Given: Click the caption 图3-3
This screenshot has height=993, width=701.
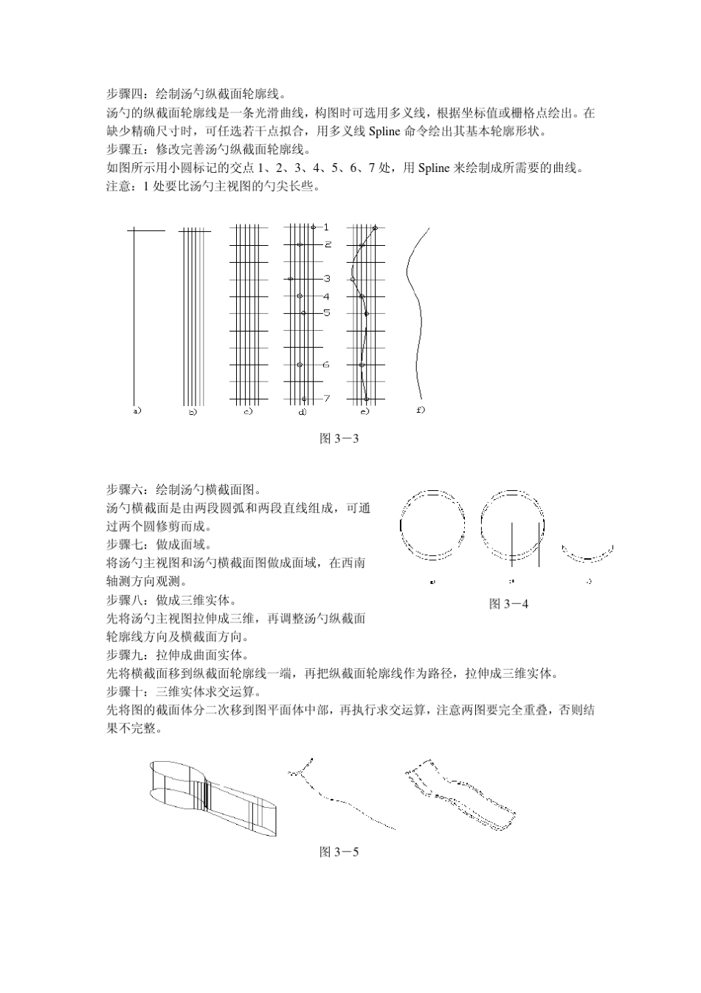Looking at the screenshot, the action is [339, 439].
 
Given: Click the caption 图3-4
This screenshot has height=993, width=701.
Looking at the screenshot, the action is [509, 604].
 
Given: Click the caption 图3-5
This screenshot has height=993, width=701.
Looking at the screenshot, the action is [339, 852].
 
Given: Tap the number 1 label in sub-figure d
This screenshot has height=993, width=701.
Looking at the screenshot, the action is [327, 227].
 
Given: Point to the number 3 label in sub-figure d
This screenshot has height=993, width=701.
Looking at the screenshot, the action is [327, 278].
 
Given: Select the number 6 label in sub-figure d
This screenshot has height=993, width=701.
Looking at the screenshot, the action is [327, 365].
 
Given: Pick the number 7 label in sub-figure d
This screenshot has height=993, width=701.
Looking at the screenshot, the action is [327, 399].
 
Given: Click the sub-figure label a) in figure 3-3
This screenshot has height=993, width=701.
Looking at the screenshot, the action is [137, 410].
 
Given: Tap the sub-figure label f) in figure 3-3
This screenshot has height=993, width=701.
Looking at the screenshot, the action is [421, 410].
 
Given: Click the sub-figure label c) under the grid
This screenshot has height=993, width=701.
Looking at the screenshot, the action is [249, 411].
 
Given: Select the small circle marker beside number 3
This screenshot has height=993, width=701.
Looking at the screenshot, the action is [291, 278].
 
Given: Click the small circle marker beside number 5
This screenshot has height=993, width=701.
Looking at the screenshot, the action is [303, 313].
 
